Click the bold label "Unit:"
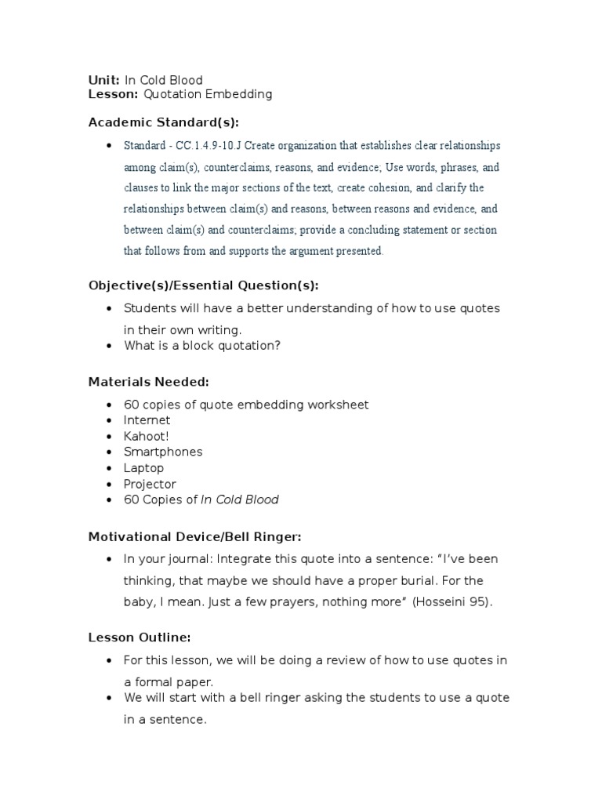tap(104, 80)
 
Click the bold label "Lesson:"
tap(113, 94)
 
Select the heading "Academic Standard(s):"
tap(163, 122)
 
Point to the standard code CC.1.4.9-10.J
tap(208, 146)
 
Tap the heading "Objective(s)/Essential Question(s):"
tap(203, 285)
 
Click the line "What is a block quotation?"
tap(201, 346)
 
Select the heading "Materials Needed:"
tap(148, 382)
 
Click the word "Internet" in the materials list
tap(147, 420)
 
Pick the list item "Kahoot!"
tap(146, 436)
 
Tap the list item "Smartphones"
tap(163, 452)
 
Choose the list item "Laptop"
tap(143, 468)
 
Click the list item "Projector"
tap(150, 484)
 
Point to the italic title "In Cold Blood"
tap(240, 500)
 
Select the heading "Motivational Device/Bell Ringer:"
tap(194, 537)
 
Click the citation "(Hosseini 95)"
tap(452, 602)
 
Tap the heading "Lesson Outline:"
tap(140, 638)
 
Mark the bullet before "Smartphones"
tap(108, 452)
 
